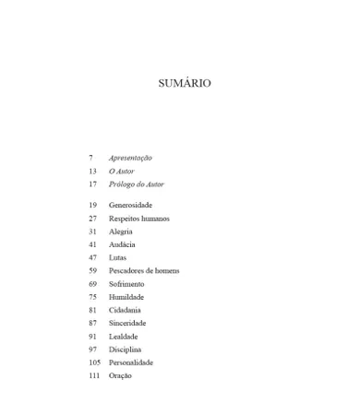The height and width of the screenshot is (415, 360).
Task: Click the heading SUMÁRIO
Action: (x=184, y=83)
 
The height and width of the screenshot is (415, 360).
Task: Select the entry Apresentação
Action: (x=130, y=158)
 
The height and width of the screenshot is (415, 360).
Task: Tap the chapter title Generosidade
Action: (x=130, y=205)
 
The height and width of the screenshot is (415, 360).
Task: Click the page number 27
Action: (x=92, y=219)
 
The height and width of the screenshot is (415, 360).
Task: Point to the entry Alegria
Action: (x=121, y=231)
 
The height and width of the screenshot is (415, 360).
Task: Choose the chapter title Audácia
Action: (x=122, y=244)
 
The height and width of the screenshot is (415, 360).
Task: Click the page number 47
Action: (x=92, y=258)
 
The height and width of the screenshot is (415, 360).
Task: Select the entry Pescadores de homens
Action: (x=144, y=271)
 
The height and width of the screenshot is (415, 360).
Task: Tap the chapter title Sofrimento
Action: (x=126, y=284)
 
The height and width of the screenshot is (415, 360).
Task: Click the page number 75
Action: (x=92, y=297)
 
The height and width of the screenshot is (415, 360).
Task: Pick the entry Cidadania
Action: (x=125, y=310)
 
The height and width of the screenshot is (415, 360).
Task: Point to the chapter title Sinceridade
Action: (x=127, y=323)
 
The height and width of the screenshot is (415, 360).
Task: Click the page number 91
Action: (x=92, y=337)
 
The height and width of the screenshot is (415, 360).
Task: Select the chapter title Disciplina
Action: (x=125, y=350)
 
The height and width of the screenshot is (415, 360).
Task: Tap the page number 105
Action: (x=94, y=362)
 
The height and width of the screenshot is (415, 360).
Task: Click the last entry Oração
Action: (x=120, y=375)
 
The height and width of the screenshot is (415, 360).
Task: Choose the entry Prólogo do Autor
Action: (x=136, y=184)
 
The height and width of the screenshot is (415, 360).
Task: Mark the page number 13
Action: (x=92, y=172)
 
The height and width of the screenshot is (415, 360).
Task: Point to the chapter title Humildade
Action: (x=126, y=297)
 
